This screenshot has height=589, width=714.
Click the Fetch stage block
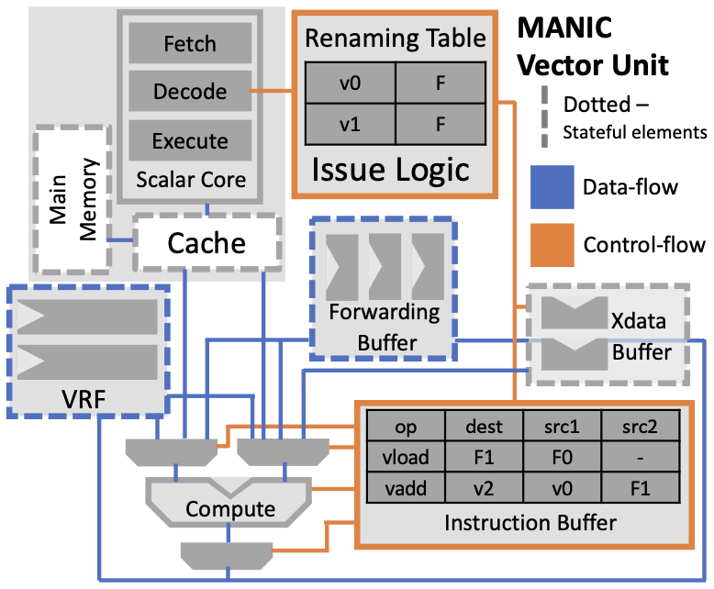(189, 43)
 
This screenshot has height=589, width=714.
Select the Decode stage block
(189, 92)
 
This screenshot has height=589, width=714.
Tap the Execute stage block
(189, 140)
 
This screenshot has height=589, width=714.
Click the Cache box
(206, 243)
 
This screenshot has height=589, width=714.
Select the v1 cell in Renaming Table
(349, 122)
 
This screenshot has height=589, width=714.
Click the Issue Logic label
(390, 169)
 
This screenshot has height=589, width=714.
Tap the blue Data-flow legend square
(552, 187)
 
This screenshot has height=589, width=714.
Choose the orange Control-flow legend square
(552, 244)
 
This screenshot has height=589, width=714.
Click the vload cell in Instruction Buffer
(405, 456)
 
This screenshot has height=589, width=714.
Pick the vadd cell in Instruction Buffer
(405, 485)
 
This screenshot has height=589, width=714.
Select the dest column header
(484, 428)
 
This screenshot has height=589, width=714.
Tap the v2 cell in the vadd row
(484, 485)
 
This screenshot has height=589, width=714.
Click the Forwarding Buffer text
(384, 327)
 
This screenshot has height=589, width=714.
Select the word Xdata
(639, 323)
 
